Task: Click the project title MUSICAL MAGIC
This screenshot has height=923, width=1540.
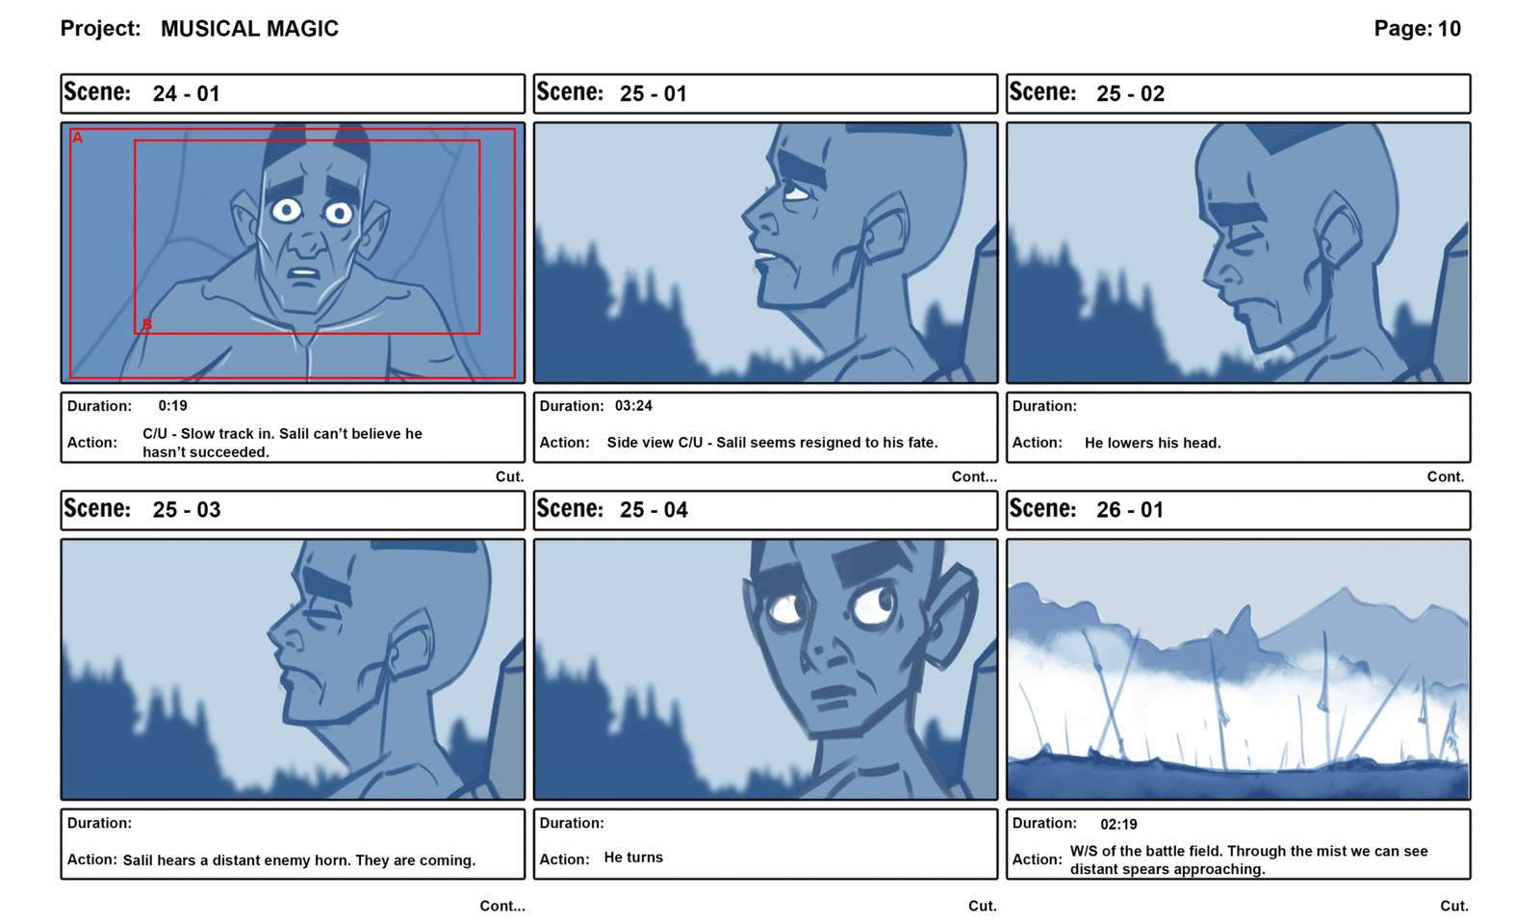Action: pos(249,29)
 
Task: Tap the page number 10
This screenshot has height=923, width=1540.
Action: pos(1450,29)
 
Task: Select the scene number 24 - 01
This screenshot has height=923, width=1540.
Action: pos(187,93)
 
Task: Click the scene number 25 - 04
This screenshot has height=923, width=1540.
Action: pos(654,509)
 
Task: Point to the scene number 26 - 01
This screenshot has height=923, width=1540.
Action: pos(1130,509)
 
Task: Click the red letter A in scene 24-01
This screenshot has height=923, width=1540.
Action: pos(78,138)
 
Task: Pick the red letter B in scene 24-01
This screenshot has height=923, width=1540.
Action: pos(146,324)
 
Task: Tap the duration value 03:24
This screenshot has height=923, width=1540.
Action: pos(633,405)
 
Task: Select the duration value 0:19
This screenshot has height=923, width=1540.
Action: pos(172,405)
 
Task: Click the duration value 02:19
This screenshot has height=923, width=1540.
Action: pos(1118,824)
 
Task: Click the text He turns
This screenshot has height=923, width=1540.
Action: pos(633,857)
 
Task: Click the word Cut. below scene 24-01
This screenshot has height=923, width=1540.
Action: pos(509,476)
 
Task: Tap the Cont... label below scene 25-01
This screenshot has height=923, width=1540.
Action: pos(973,476)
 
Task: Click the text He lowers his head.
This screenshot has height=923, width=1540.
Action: pos(1152,443)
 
